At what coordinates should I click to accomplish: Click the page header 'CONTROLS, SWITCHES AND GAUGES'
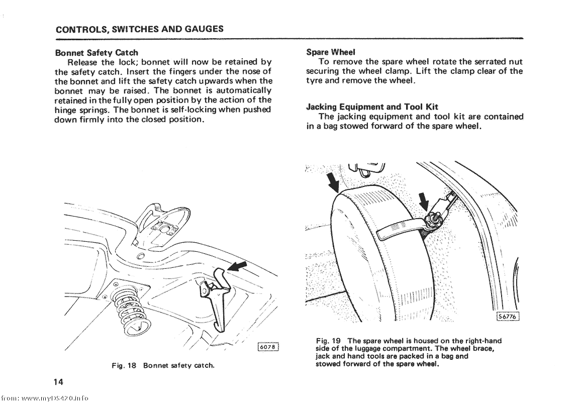[x=139, y=29]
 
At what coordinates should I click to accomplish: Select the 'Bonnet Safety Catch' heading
[x=96, y=52]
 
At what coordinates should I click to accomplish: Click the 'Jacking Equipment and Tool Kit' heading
[x=372, y=107]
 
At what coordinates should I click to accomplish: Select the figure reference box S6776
[x=507, y=316]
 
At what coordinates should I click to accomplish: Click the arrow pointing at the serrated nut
[x=423, y=201]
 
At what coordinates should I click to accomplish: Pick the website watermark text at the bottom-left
[x=45, y=396]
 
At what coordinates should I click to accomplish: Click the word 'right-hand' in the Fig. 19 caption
[x=482, y=341]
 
